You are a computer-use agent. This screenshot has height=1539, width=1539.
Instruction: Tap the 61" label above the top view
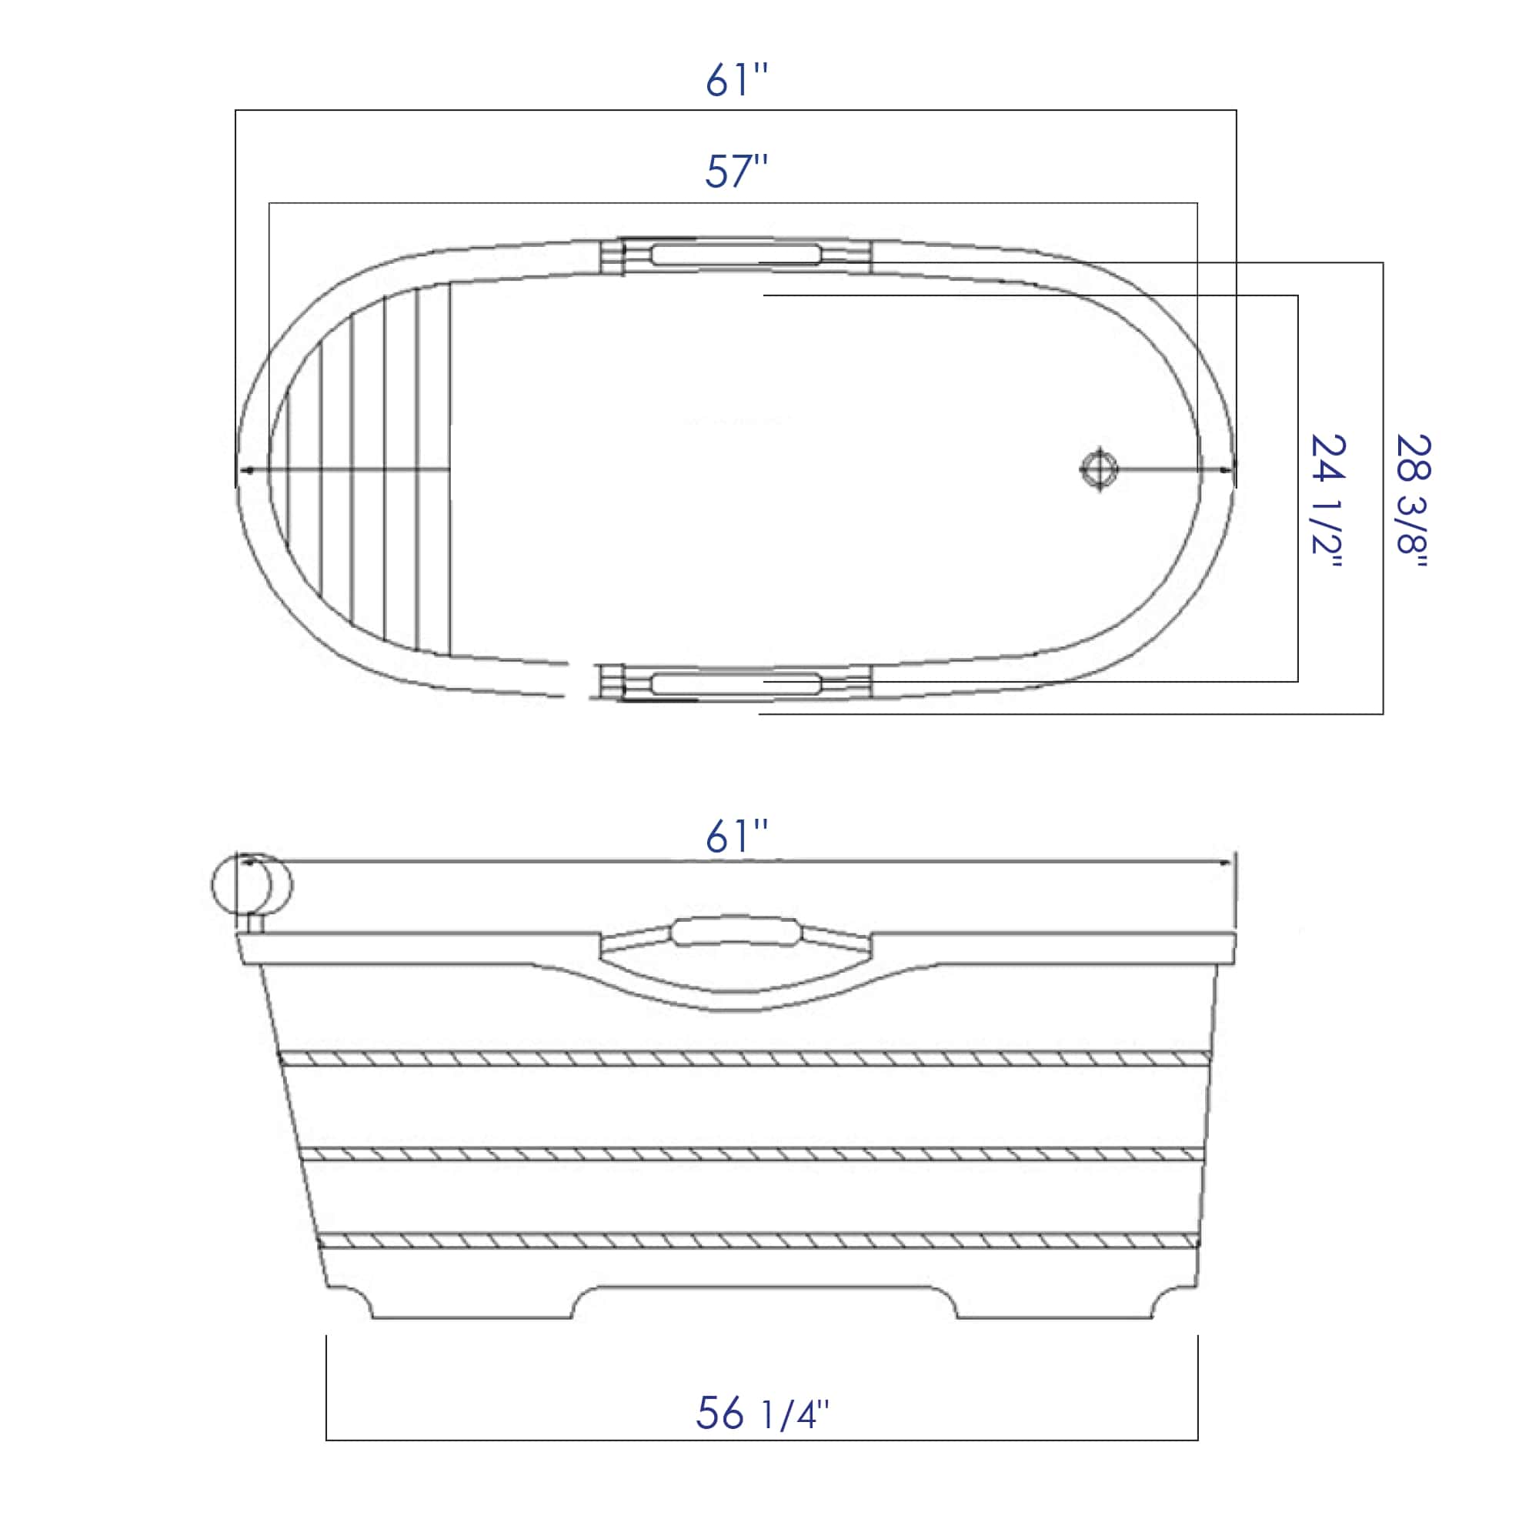(736, 80)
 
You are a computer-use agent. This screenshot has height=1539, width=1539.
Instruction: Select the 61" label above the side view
(736, 836)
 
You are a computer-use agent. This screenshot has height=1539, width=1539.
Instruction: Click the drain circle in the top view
(1100, 469)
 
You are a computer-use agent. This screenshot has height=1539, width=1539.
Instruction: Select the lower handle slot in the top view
(735, 683)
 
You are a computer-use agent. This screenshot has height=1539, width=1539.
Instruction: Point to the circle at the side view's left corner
(252, 885)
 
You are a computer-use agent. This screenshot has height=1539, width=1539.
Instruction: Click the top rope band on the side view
(745, 1059)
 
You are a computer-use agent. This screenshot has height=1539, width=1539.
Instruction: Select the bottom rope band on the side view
(756, 1240)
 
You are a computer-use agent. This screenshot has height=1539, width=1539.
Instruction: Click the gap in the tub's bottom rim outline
(579, 680)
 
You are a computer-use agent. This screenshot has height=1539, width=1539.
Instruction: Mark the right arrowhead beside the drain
(1227, 469)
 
